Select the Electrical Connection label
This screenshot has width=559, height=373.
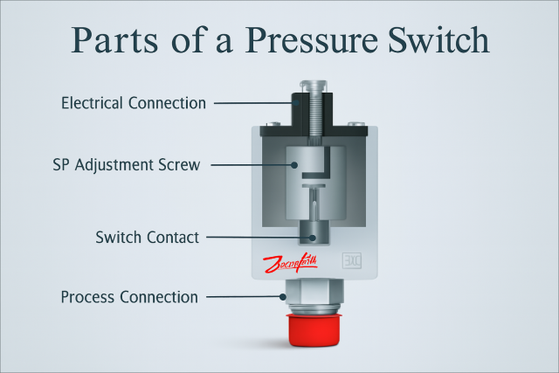(x=134, y=103)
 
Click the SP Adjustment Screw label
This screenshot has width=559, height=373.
(x=127, y=164)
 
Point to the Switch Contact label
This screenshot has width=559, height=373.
(x=147, y=237)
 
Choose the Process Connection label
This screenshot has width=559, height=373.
(x=129, y=297)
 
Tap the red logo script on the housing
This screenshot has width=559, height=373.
(x=289, y=263)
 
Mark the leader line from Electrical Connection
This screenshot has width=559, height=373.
(x=253, y=103)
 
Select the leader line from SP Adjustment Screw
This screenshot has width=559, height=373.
(x=253, y=164)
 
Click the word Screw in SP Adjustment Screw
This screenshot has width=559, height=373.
(x=181, y=164)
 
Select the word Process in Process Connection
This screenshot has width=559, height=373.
(x=88, y=297)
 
